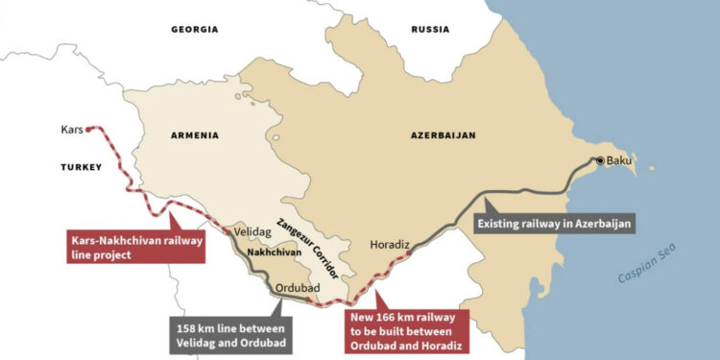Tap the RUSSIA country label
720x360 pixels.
[430, 30]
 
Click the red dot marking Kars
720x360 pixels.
[88, 128]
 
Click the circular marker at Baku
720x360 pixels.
[601, 161]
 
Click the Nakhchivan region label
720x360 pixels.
[269, 252]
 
